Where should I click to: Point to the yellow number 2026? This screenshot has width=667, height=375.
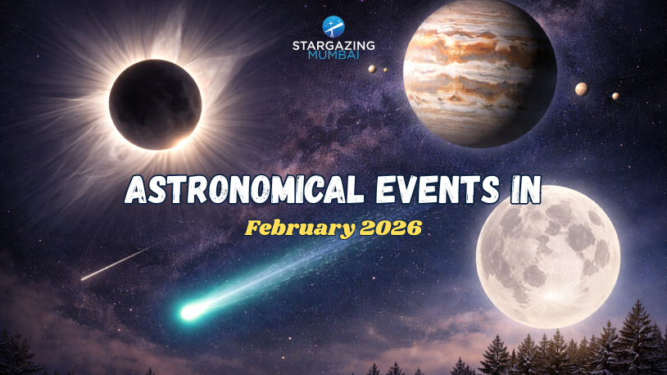coord(390,228)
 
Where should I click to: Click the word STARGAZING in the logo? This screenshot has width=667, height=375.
coord(333,46)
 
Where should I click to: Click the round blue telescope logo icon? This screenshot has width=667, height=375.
coord(333,25)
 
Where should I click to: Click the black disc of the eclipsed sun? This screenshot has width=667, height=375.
coord(155,104)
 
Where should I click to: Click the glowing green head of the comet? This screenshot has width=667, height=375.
coord(191,311)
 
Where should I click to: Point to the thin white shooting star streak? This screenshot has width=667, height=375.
coord(115,264)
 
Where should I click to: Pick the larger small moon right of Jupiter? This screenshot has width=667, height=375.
coord(581,88)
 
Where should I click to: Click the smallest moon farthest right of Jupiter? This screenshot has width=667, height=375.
coord(615,96)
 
